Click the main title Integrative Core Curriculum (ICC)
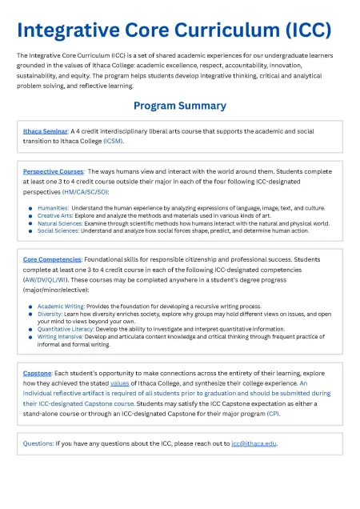(174, 30)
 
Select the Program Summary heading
(179, 106)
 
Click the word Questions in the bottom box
(39, 443)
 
